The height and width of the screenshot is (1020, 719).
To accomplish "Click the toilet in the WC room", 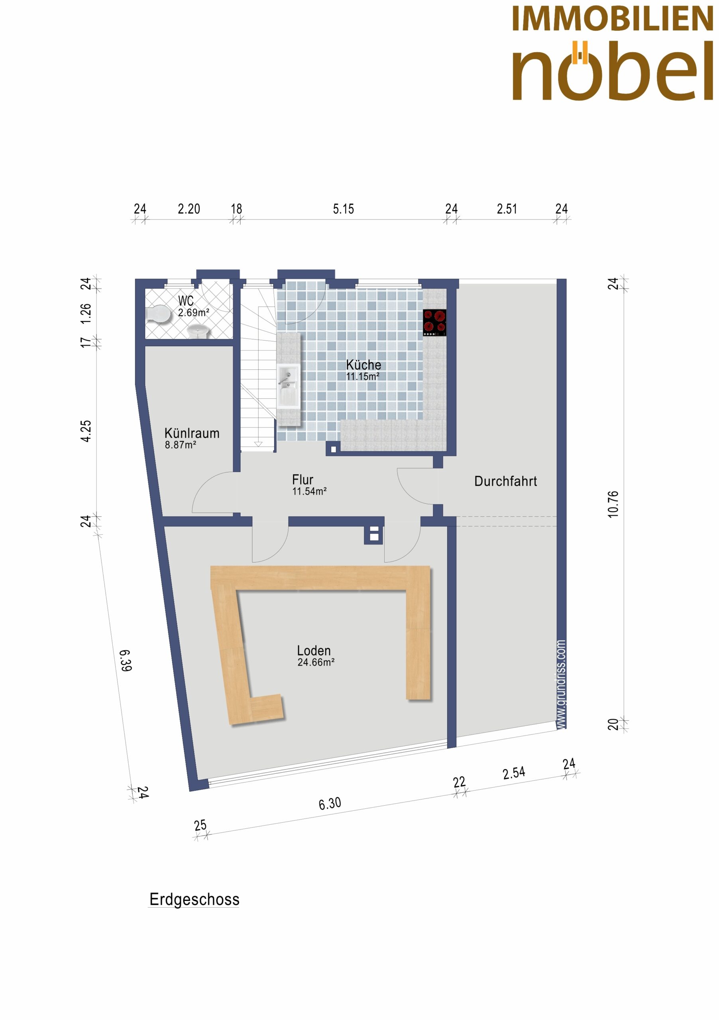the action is click(158, 314).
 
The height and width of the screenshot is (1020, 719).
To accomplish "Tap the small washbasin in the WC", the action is click(198, 331).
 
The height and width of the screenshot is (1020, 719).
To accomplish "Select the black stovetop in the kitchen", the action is click(434, 322).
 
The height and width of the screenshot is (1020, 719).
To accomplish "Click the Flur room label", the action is click(303, 480).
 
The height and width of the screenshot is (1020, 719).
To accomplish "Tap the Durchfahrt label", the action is click(506, 481).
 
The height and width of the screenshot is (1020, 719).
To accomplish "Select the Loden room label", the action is click(314, 651).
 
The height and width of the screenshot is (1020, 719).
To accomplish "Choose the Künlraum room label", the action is click(192, 433).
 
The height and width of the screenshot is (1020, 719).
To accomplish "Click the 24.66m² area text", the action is click(316, 662).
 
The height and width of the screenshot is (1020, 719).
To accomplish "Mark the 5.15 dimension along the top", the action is click(344, 209).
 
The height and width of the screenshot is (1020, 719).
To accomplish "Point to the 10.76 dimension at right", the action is click(613, 504).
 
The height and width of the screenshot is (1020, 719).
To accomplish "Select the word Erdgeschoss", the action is click(194, 900).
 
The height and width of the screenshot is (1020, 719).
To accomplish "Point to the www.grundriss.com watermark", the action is click(561, 685).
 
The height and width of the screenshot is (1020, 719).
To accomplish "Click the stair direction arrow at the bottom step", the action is click(258, 443).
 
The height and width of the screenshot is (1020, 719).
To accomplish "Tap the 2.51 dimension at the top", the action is click(507, 209).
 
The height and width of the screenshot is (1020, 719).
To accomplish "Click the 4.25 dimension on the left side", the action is click(86, 431).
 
